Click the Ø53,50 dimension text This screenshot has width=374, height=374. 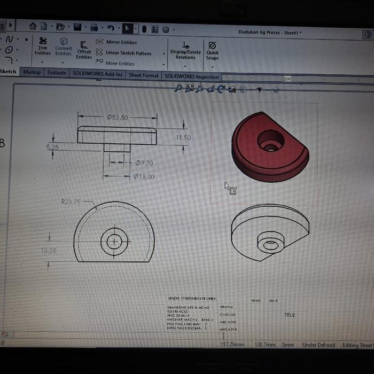tap(117, 117)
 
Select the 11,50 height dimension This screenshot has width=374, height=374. tap(183, 138)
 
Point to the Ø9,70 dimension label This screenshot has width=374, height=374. tap(144, 163)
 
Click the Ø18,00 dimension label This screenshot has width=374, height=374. tap(144, 176)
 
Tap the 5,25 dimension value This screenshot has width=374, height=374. tap(53, 147)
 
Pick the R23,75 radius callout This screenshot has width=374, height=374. tap(71, 202)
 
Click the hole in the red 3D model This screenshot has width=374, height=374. tap(271, 142)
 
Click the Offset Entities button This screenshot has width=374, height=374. tap(84, 50)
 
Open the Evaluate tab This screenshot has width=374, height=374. tap(57, 73)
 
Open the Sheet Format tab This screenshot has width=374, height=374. tap(143, 75)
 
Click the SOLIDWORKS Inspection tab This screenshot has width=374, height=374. tap(191, 76)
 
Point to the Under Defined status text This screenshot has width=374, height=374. tap(318, 345)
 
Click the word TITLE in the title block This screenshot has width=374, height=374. tap(289, 315)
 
